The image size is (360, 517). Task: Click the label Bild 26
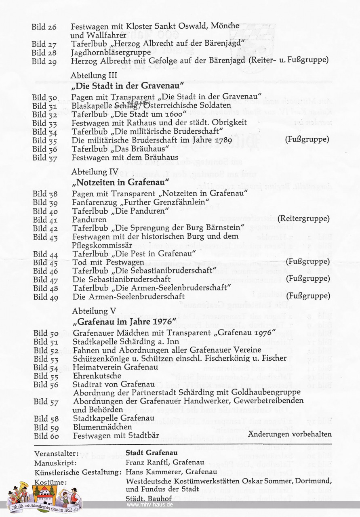point(44,27)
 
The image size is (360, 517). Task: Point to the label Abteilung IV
point(95,172)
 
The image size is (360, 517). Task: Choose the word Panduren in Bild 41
point(89,220)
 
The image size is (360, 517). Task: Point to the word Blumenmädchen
point(103,427)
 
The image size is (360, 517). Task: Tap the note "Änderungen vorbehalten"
point(290,434)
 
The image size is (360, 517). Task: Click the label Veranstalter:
point(57,453)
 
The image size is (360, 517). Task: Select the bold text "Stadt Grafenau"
point(152,452)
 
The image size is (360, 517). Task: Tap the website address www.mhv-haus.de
point(150,505)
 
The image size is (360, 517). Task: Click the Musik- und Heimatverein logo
point(44,495)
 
